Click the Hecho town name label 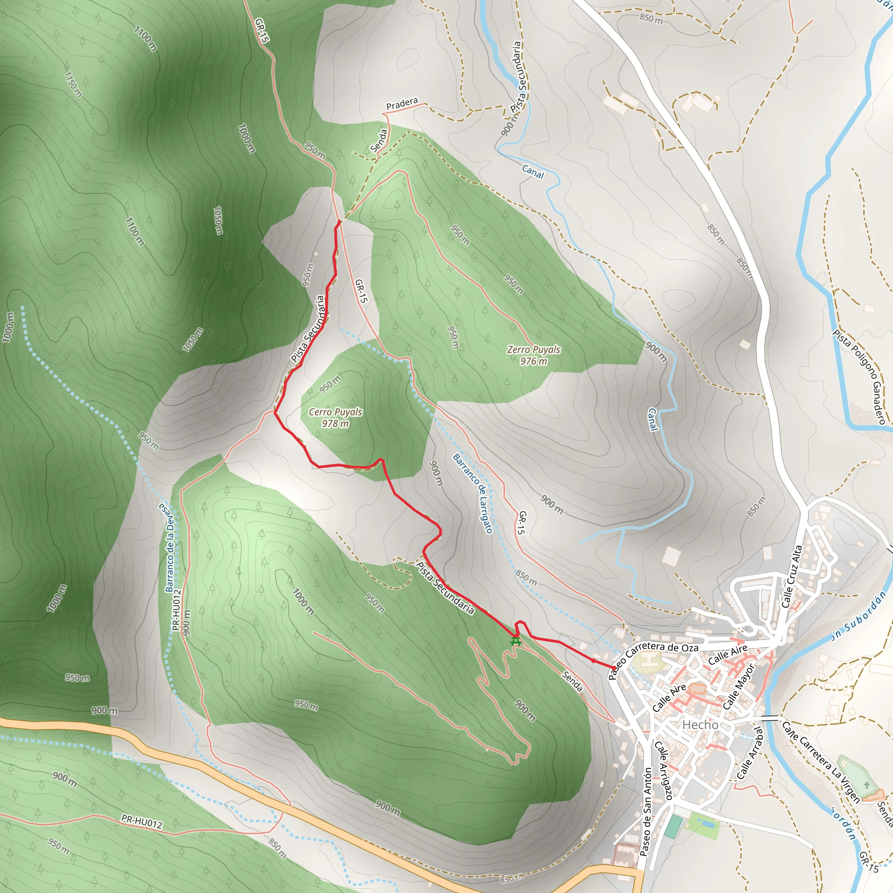click(700, 725)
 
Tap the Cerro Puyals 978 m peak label click(336, 417)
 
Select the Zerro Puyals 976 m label click(533, 355)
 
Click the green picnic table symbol click(515, 642)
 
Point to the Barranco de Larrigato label click(472, 493)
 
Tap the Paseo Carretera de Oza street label click(653, 657)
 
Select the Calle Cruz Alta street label click(791, 576)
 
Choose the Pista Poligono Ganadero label click(859, 376)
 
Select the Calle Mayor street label click(738, 686)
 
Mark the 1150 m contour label click(73, 85)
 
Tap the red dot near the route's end click(593, 661)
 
